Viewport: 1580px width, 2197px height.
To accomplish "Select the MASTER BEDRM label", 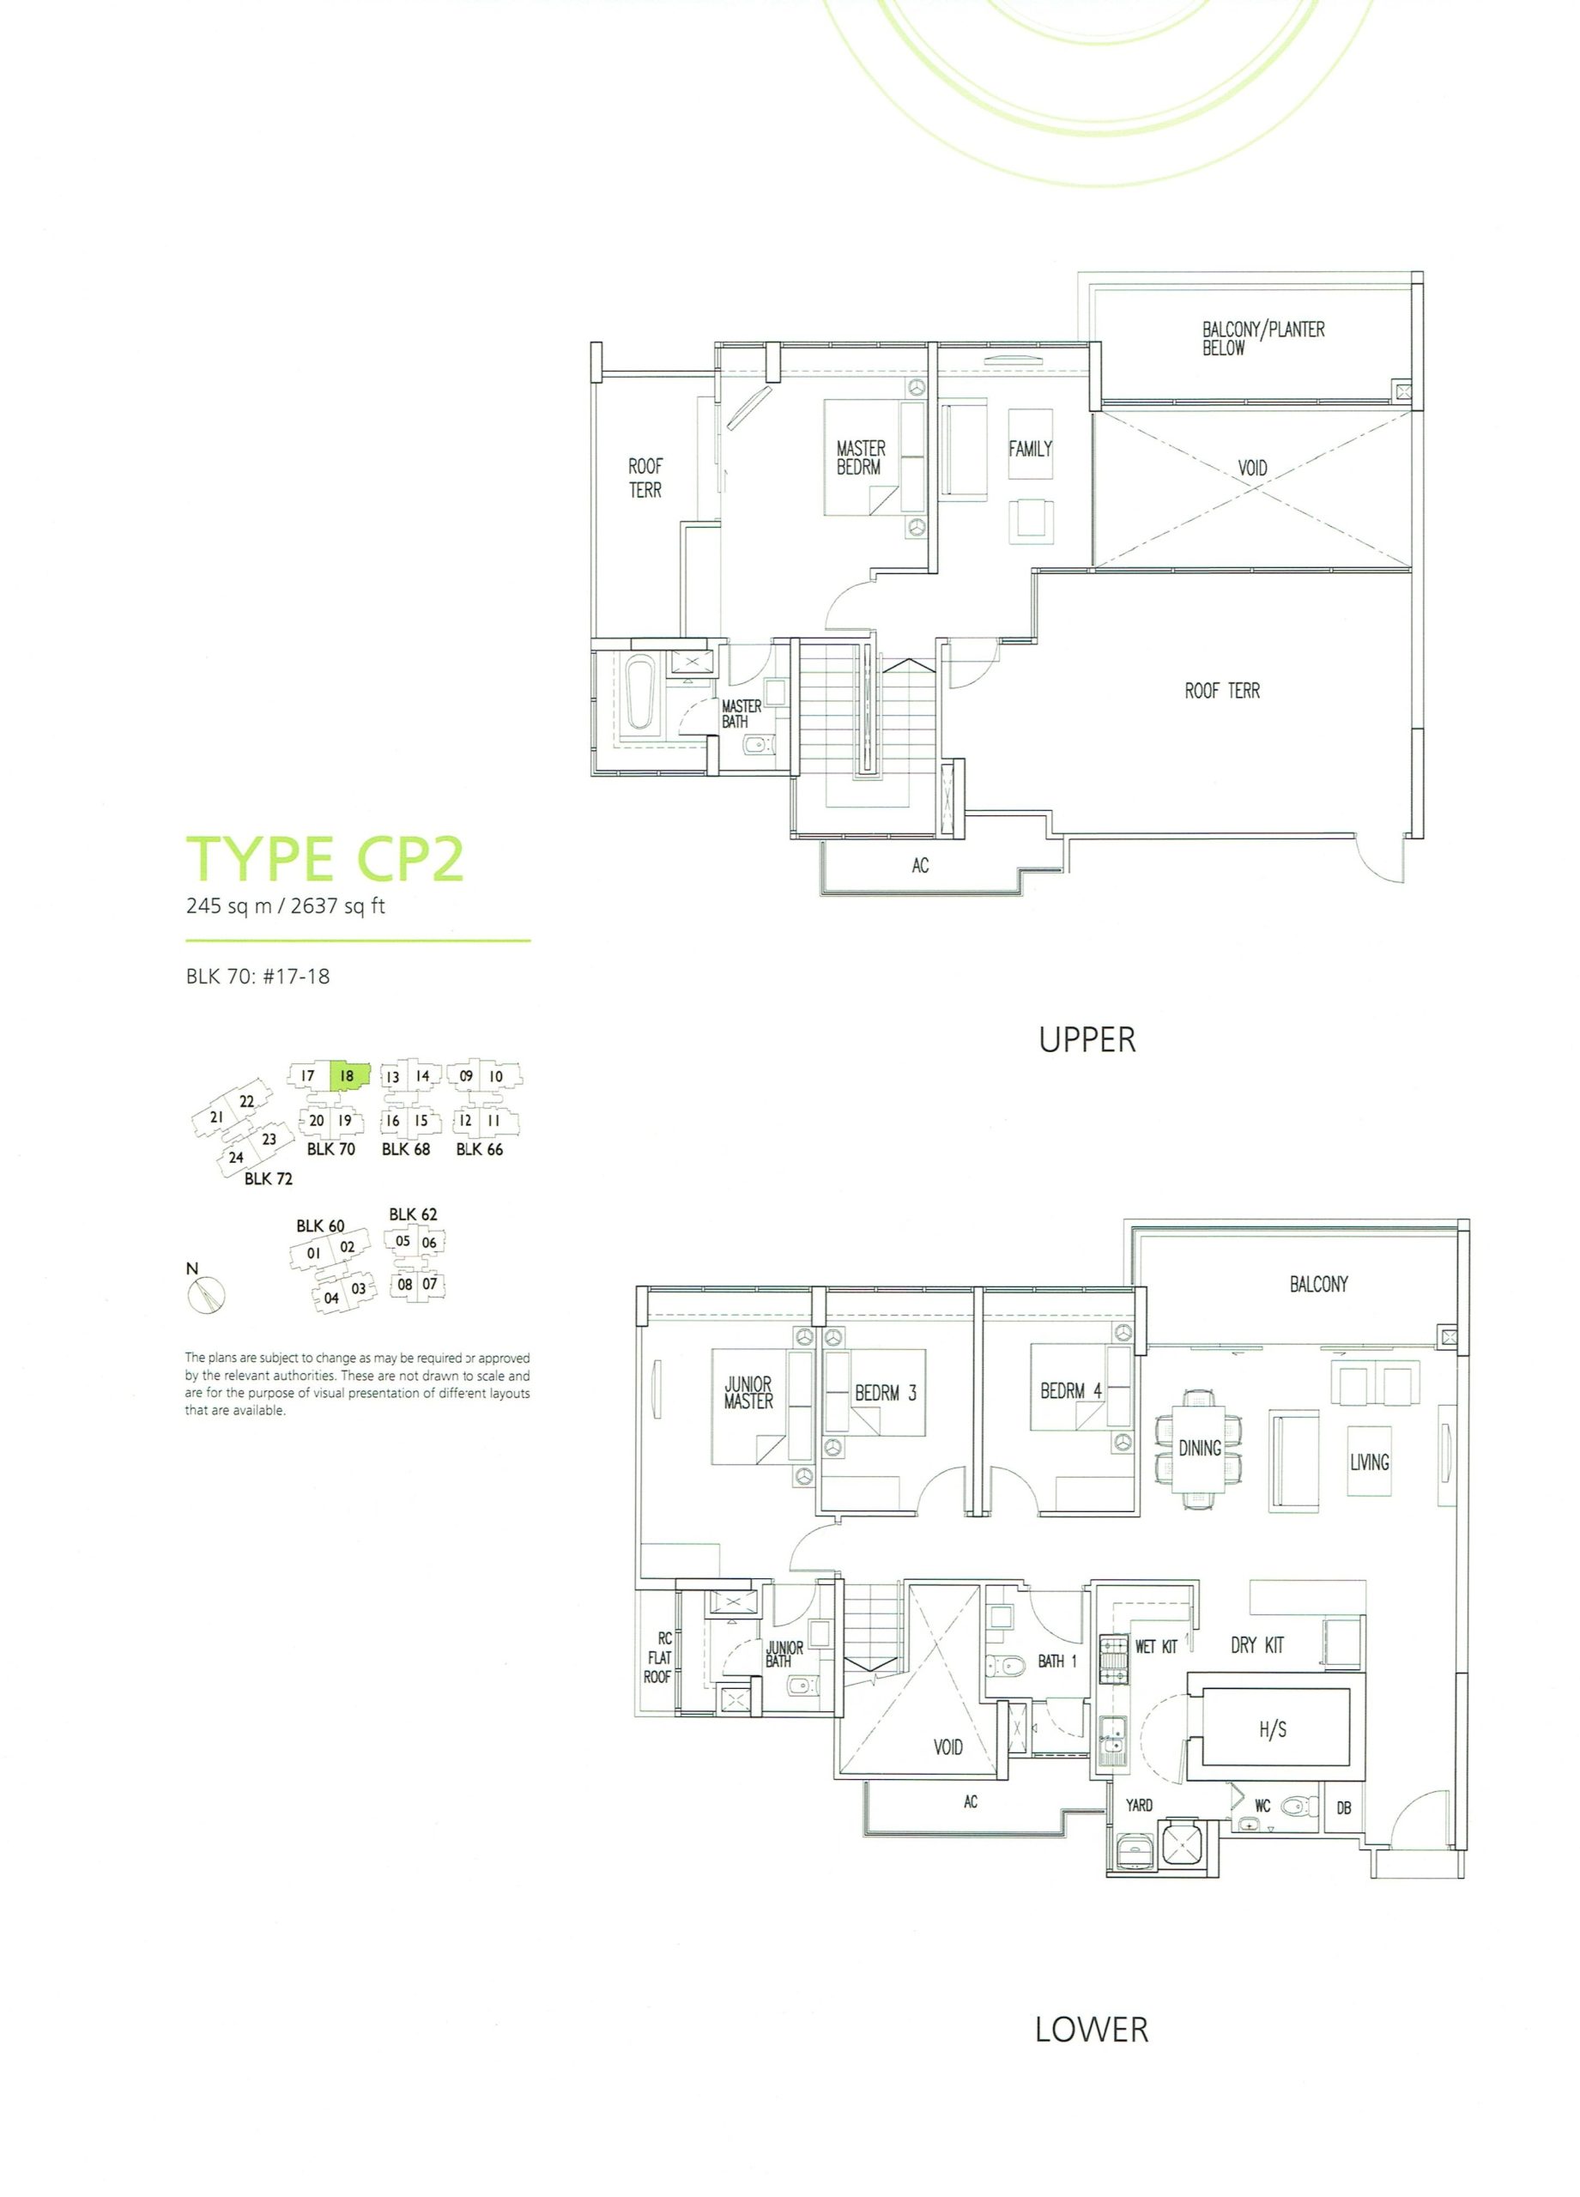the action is pyautogui.click(x=861, y=457).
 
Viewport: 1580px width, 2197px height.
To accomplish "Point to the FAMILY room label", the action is pyautogui.click(x=1030, y=449).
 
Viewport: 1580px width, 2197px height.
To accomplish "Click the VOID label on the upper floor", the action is pyautogui.click(x=1252, y=468).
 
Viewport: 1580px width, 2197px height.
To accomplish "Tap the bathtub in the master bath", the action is pyautogui.click(x=641, y=694).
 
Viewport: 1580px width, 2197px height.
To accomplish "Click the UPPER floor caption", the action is pyautogui.click(x=1087, y=1039).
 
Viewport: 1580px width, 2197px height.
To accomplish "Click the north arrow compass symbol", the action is pyautogui.click(x=206, y=1295).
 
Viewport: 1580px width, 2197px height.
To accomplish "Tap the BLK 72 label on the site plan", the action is pyautogui.click(x=269, y=1178).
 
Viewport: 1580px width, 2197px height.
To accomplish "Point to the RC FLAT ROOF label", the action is pyautogui.click(x=659, y=1657).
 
